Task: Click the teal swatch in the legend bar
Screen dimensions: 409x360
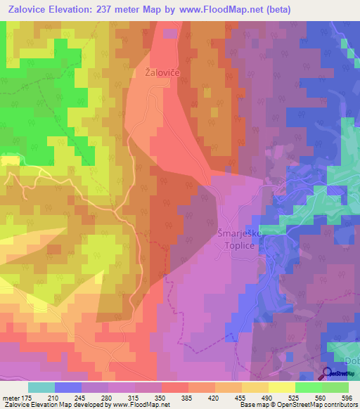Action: coord(41,387)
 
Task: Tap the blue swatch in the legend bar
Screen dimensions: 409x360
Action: coord(68,387)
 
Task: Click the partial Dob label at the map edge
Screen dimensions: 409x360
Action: coord(352,361)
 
